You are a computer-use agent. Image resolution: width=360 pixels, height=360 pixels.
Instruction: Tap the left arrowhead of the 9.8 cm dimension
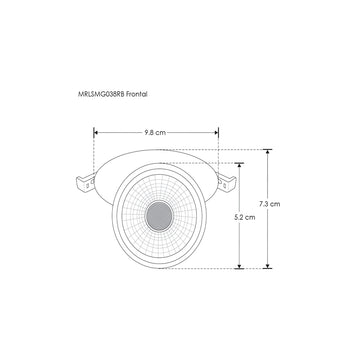(x=97, y=130)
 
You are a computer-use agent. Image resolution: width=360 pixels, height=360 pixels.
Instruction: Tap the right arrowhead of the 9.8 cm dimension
(x=213, y=130)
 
